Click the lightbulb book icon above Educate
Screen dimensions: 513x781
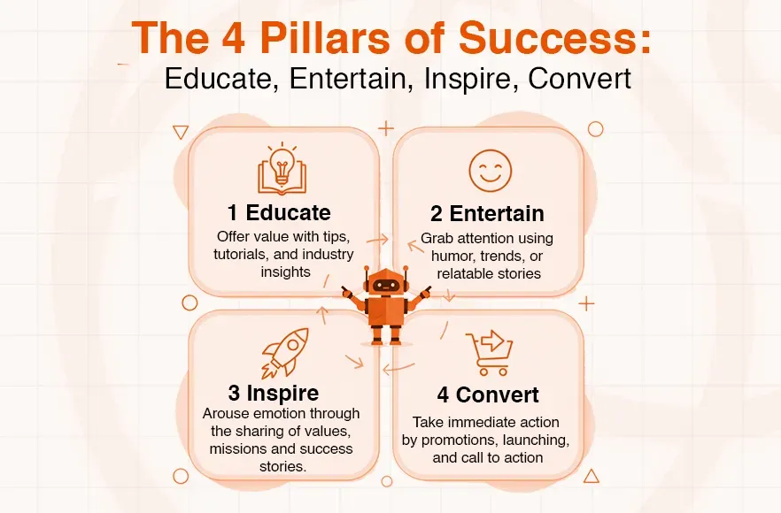click(282, 170)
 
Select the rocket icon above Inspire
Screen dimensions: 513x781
click(284, 352)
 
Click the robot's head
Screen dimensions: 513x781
click(386, 285)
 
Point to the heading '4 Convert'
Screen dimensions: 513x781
click(487, 394)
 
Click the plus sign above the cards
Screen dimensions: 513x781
click(385, 127)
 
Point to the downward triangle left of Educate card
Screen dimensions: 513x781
click(181, 132)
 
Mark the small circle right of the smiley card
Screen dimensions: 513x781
click(595, 129)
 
